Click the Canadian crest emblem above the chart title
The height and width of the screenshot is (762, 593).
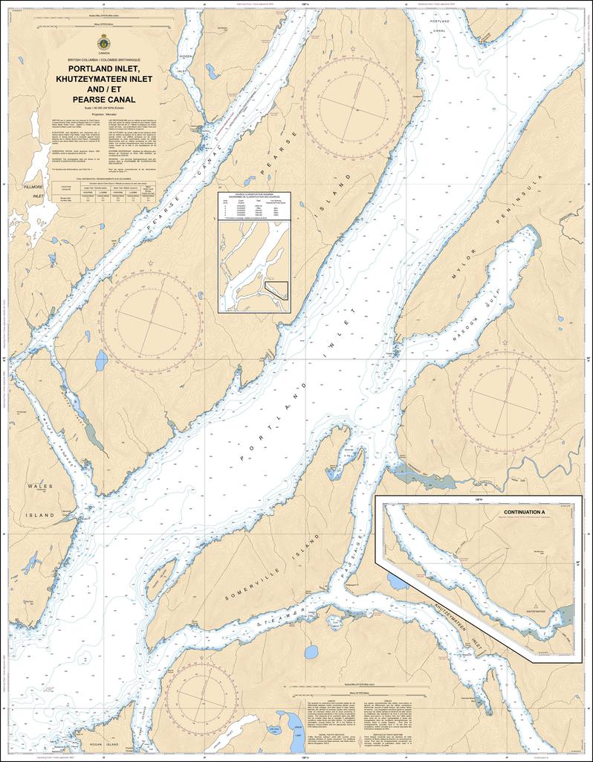(x=103, y=42)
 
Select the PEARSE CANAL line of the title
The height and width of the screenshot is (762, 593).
(x=103, y=99)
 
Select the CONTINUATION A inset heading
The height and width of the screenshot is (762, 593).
(x=524, y=513)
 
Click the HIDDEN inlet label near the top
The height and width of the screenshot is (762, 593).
(x=187, y=57)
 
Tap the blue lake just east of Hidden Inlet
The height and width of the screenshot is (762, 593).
(x=211, y=72)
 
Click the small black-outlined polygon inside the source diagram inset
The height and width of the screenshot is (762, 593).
(x=278, y=290)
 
